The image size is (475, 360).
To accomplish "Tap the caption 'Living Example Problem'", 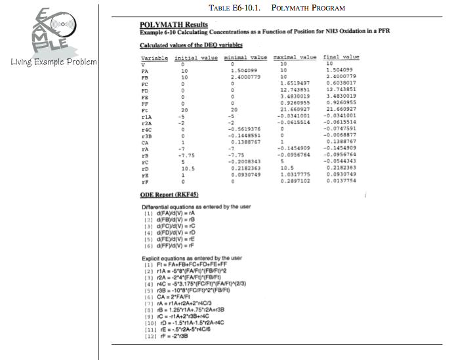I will click(54, 62).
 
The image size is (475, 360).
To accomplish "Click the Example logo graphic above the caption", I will click(49, 33).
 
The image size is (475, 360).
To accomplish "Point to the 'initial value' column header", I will click(196, 58).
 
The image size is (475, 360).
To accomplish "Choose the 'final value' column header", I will click(341, 58).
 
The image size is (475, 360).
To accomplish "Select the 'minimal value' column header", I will click(245, 58).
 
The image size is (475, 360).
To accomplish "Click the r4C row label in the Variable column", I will click(148, 129).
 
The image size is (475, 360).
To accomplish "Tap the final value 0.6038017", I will click(341, 84).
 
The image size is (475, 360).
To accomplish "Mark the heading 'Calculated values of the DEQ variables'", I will click(191, 45).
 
